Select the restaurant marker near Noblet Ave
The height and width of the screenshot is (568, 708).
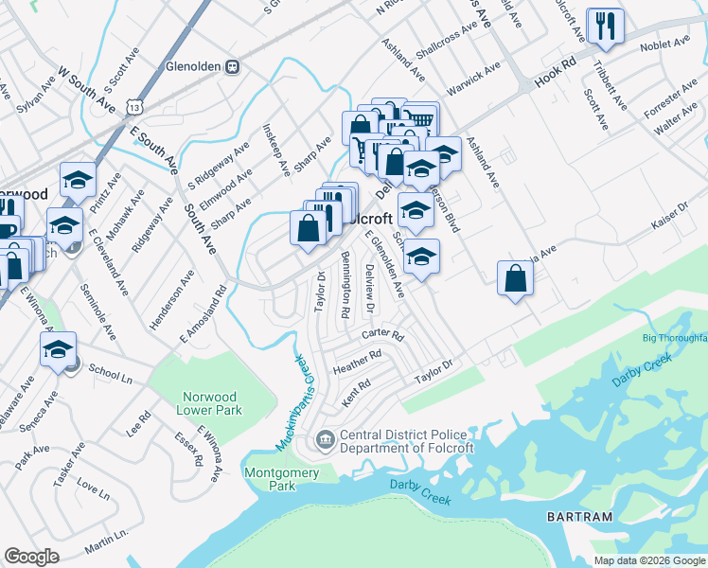(604, 27)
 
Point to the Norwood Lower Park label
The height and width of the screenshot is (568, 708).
(209, 403)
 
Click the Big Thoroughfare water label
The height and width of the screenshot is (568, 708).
(674, 338)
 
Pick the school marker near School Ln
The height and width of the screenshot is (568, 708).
(59, 349)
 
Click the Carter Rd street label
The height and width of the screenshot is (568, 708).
(382, 336)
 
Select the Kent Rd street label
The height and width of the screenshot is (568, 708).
(354, 396)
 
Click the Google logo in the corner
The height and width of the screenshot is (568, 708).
(31, 557)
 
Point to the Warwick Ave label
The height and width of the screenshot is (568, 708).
(479, 80)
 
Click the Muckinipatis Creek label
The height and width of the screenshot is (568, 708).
(295, 401)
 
